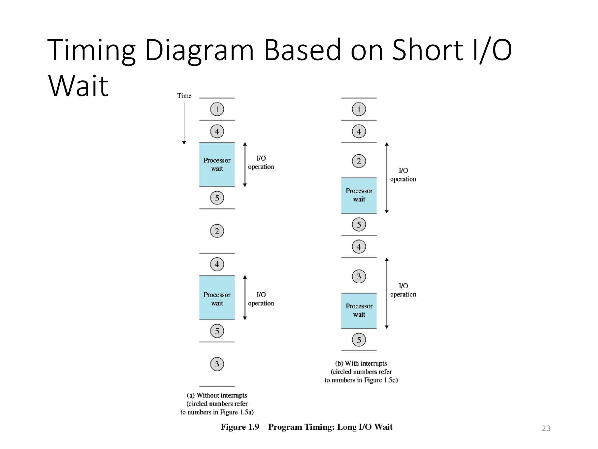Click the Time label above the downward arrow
coord(184,96)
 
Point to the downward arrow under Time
coord(184,123)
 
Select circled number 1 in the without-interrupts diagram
coord(217,109)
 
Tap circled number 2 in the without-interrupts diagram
coord(217,231)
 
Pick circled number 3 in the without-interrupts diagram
coord(217,364)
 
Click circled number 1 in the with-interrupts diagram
coord(359,109)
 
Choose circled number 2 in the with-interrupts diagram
coord(359,161)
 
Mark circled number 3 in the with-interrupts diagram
coord(359,276)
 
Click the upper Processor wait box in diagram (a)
coord(217,165)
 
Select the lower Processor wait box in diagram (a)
coord(217,298)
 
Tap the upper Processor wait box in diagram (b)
coord(359,195)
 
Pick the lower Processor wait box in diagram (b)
coord(359,311)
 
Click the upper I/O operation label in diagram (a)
coord(261,163)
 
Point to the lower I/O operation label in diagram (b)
coord(403,290)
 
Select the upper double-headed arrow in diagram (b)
coord(387,178)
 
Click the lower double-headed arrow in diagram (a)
coord(245,298)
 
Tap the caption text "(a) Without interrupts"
coord(217,395)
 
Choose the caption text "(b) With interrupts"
coord(361,363)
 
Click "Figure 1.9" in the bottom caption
coord(240,427)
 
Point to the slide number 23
coord(546,428)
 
